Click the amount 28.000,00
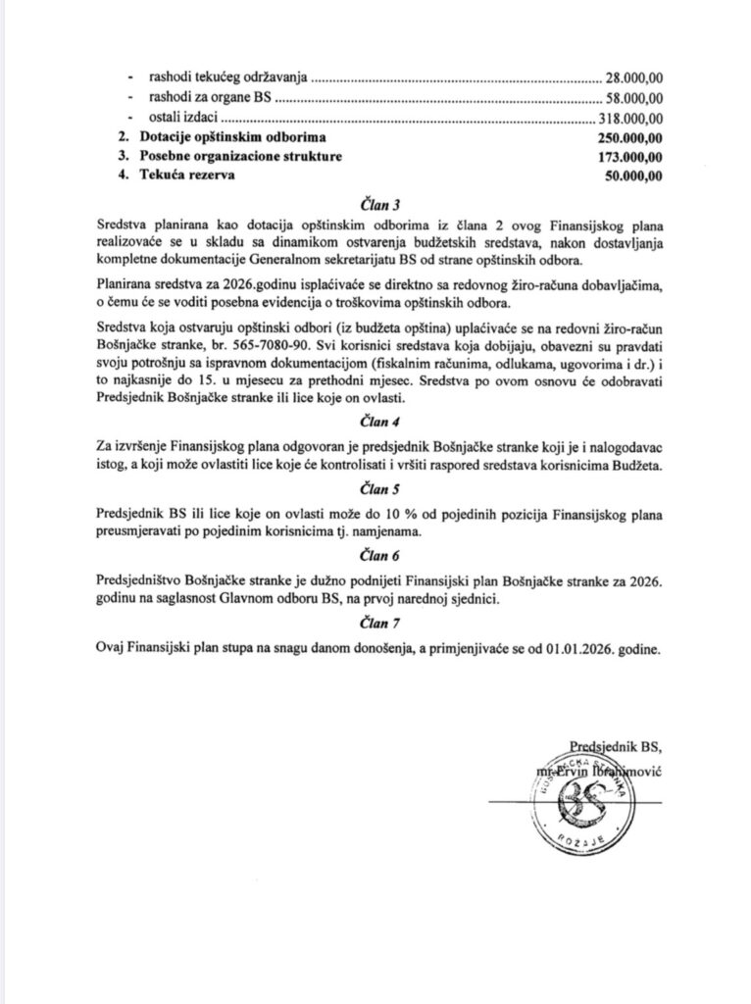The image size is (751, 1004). point(633,76)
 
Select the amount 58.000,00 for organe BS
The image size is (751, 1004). point(633,97)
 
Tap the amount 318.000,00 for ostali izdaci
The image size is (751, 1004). point(630,117)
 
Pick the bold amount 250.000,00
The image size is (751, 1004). point(628,137)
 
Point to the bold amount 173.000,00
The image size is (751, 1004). point(628,157)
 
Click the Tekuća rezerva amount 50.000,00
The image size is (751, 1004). point(632,176)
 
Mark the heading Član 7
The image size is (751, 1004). point(375,621)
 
